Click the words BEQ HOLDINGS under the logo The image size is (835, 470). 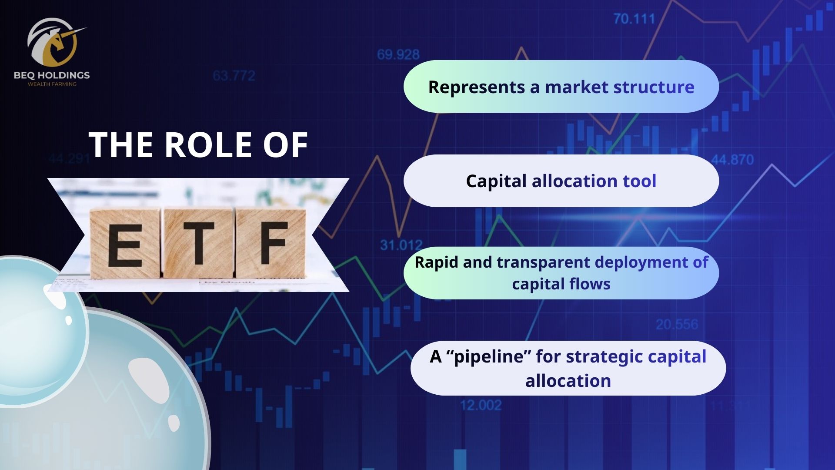[x=52, y=75]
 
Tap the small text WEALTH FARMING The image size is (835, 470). [x=52, y=84]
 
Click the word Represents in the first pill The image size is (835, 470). [x=477, y=87]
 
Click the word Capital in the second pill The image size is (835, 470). [x=496, y=181]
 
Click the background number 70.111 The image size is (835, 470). [x=634, y=19]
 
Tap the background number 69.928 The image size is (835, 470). [x=398, y=54]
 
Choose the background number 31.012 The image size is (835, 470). [x=401, y=245]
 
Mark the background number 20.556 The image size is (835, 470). [x=677, y=324]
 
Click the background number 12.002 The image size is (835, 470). [x=481, y=405]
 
